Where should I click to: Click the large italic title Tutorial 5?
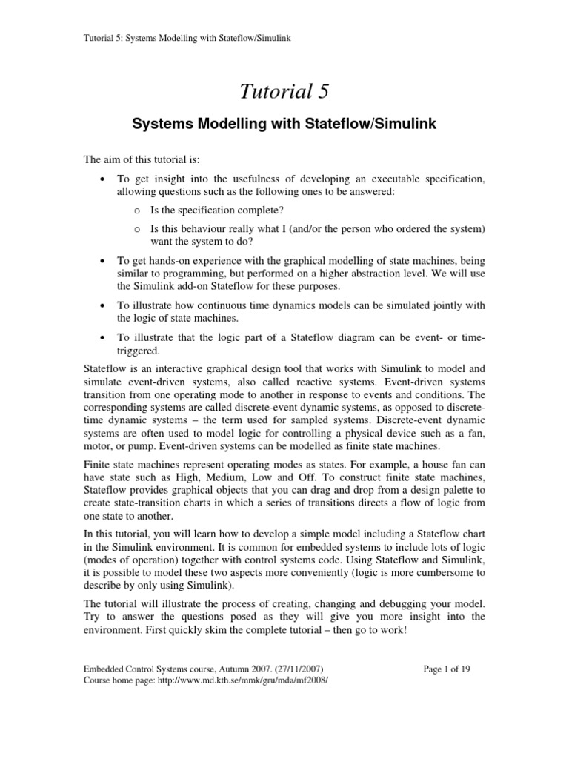pyautogui.click(x=284, y=91)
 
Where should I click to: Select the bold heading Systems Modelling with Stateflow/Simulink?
pyautogui.click(x=284, y=125)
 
